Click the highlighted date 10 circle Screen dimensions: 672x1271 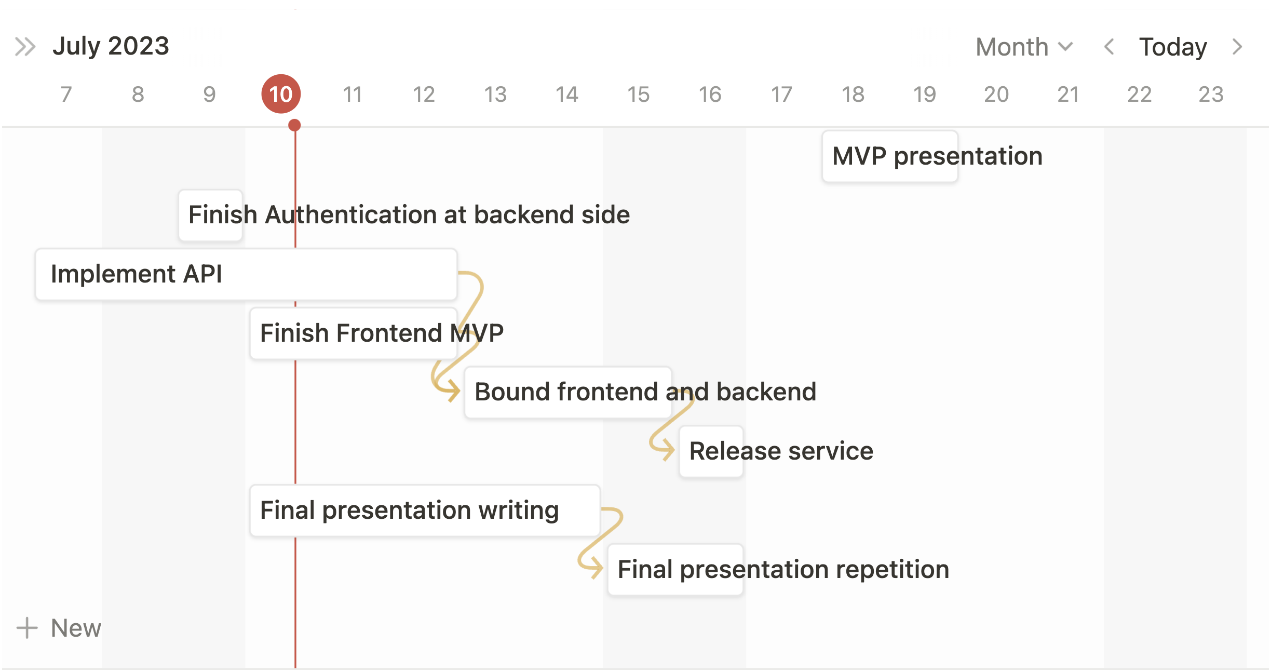281,94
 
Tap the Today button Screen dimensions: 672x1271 1172,47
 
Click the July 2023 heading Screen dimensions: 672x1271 111,46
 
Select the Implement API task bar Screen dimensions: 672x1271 246,274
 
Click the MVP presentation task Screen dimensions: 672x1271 890,156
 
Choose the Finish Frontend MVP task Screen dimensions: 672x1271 353,333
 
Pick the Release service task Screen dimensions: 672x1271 711,451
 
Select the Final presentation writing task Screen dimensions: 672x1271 424,510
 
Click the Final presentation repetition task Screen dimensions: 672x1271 675,570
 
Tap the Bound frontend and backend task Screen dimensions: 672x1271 568,392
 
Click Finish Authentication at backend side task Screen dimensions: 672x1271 211,215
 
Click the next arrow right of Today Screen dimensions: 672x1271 1238,47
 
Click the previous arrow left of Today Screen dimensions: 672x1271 1109,47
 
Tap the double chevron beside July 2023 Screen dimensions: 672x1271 25,47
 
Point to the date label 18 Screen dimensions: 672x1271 853,95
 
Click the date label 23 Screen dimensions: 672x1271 1211,95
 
